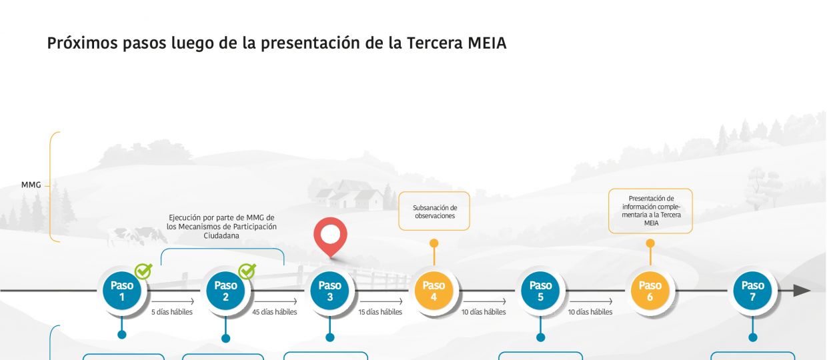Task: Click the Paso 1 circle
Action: click(x=122, y=291)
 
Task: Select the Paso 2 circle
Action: click(x=225, y=291)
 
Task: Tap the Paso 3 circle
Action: click(x=329, y=291)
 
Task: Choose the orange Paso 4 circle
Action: click(x=434, y=291)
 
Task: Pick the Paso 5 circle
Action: click(x=540, y=291)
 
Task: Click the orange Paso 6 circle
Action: click(x=650, y=291)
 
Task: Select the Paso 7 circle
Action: click(x=752, y=291)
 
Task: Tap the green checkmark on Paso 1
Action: click(x=143, y=271)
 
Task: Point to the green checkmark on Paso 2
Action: click(x=247, y=271)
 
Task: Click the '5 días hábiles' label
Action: click(x=172, y=312)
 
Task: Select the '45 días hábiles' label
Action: click(x=275, y=312)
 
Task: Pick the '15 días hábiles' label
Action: click(x=380, y=312)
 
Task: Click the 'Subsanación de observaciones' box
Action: click(x=434, y=211)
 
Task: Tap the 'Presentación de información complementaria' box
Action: click(x=650, y=211)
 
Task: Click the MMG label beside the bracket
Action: click(x=31, y=185)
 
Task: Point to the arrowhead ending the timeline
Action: click(x=802, y=291)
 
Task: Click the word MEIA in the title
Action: click(x=487, y=43)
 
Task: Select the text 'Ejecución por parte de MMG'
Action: click(x=221, y=217)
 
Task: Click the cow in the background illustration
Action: click(x=137, y=236)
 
